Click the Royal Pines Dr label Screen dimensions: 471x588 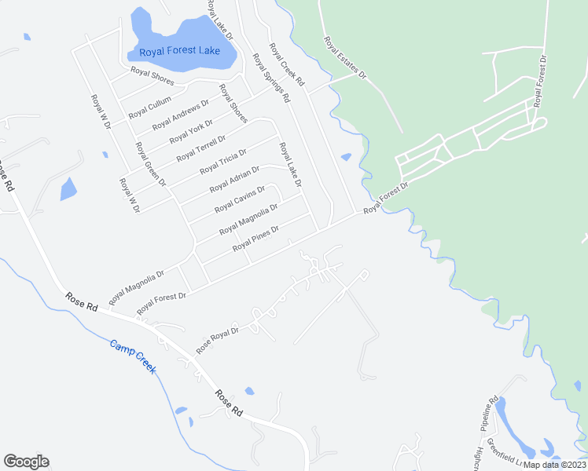(x=255, y=237)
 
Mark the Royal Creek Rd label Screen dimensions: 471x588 (x=287, y=65)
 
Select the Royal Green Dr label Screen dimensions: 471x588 (x=150, y=164)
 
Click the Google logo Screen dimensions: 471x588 (x=26, y=462)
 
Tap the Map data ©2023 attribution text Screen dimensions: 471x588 (x=554, y=464)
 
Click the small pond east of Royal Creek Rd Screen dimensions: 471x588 (x=347, y=157)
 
